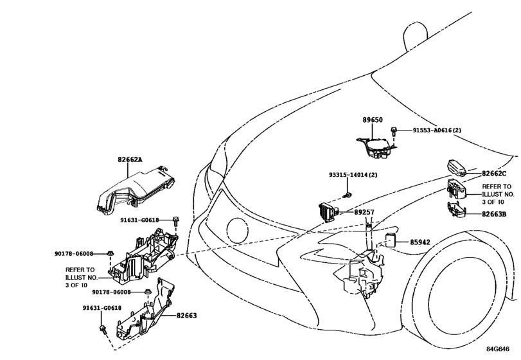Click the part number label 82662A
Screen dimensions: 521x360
pos(130,159)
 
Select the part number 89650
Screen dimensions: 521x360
pos(373,120)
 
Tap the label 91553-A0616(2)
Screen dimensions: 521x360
pos(437,130)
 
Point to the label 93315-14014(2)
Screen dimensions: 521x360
pos(353,174)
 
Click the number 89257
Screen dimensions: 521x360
pos(364,212)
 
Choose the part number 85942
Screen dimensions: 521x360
pos(419,242)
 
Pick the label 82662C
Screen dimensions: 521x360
pos(494,174)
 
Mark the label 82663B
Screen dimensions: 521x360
pos(494,214)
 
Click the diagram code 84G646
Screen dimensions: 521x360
pos(498,348)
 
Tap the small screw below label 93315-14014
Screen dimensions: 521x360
pos(348,194)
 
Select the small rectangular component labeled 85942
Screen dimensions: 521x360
pos(390,240)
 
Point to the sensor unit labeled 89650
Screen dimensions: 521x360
pos(376,148)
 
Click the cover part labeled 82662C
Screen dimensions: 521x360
pos(456,168)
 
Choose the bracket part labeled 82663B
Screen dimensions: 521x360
pos(457,210)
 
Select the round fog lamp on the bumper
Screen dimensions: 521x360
pos(237,230)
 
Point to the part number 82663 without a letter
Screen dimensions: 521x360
pos(187,316)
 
